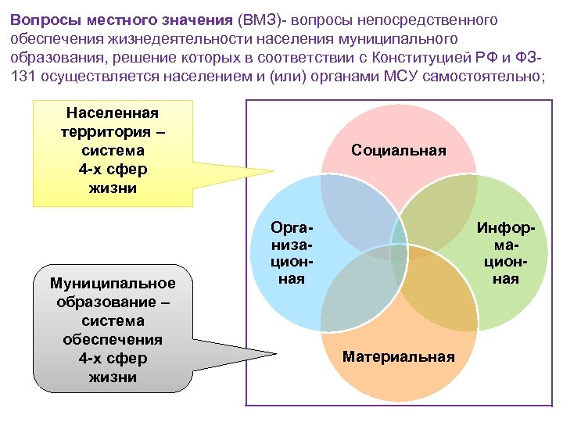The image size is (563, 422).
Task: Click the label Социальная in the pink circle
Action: [399, 150]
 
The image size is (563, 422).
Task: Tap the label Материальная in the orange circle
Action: [399, 356]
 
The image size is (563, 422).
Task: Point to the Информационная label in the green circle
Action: [506, 252]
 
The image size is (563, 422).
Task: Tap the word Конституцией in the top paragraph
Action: [400, 58]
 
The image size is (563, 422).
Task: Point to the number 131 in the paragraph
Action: [24, 77]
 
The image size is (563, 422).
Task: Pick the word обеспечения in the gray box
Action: [113, 339]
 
